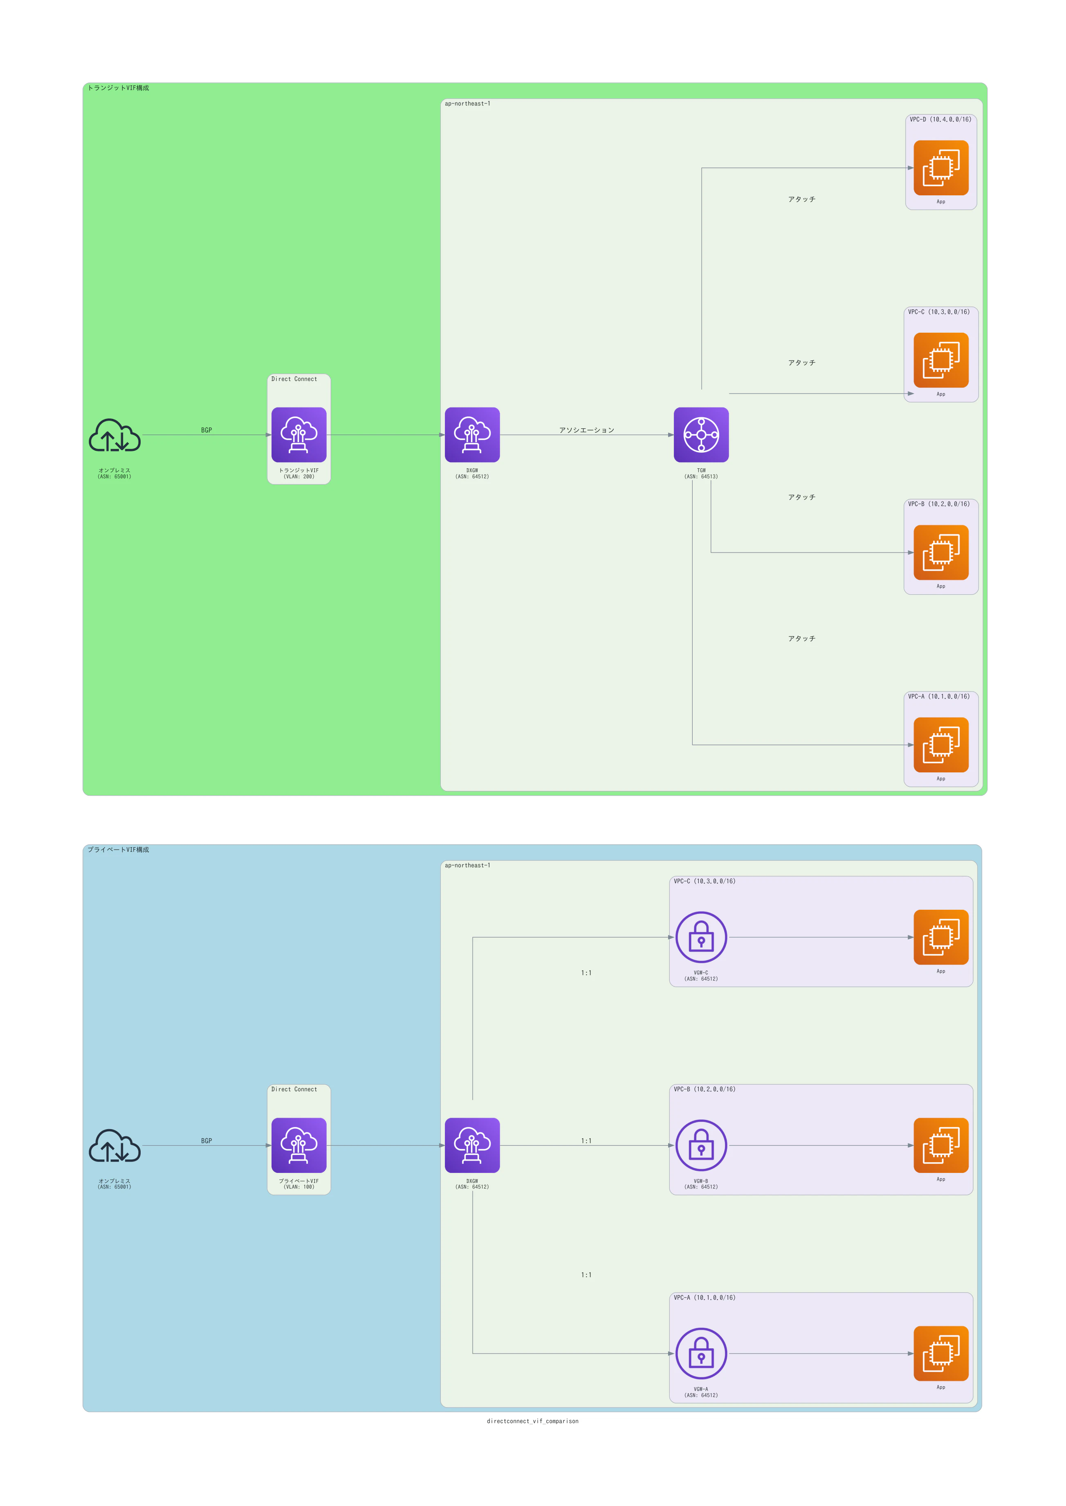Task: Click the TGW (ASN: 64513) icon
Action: tap(701, 435)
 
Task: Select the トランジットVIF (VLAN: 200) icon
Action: tap(298, 435)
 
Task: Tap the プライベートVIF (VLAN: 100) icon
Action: tap(298, 1145)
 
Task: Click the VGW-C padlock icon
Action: tap(701, 937)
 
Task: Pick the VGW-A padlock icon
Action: tap(701, 1353)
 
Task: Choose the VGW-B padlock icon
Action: tap(701, 1145)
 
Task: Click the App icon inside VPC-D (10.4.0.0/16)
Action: tap(940, 168)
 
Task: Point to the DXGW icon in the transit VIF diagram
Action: tap(472, 435)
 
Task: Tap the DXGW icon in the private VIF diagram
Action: tap(472, 1145)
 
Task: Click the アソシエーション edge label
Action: tap(587, 430)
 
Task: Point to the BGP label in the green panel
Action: tap(207, 430)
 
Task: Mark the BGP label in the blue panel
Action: tap(207, 1141)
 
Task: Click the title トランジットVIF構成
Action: tap(118, 88)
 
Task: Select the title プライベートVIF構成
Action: tap(118, 849)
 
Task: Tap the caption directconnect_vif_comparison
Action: tap(532, 1421)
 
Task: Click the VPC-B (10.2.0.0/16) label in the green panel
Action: tap(939, 504)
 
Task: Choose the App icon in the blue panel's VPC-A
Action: tap(940, 1353)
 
